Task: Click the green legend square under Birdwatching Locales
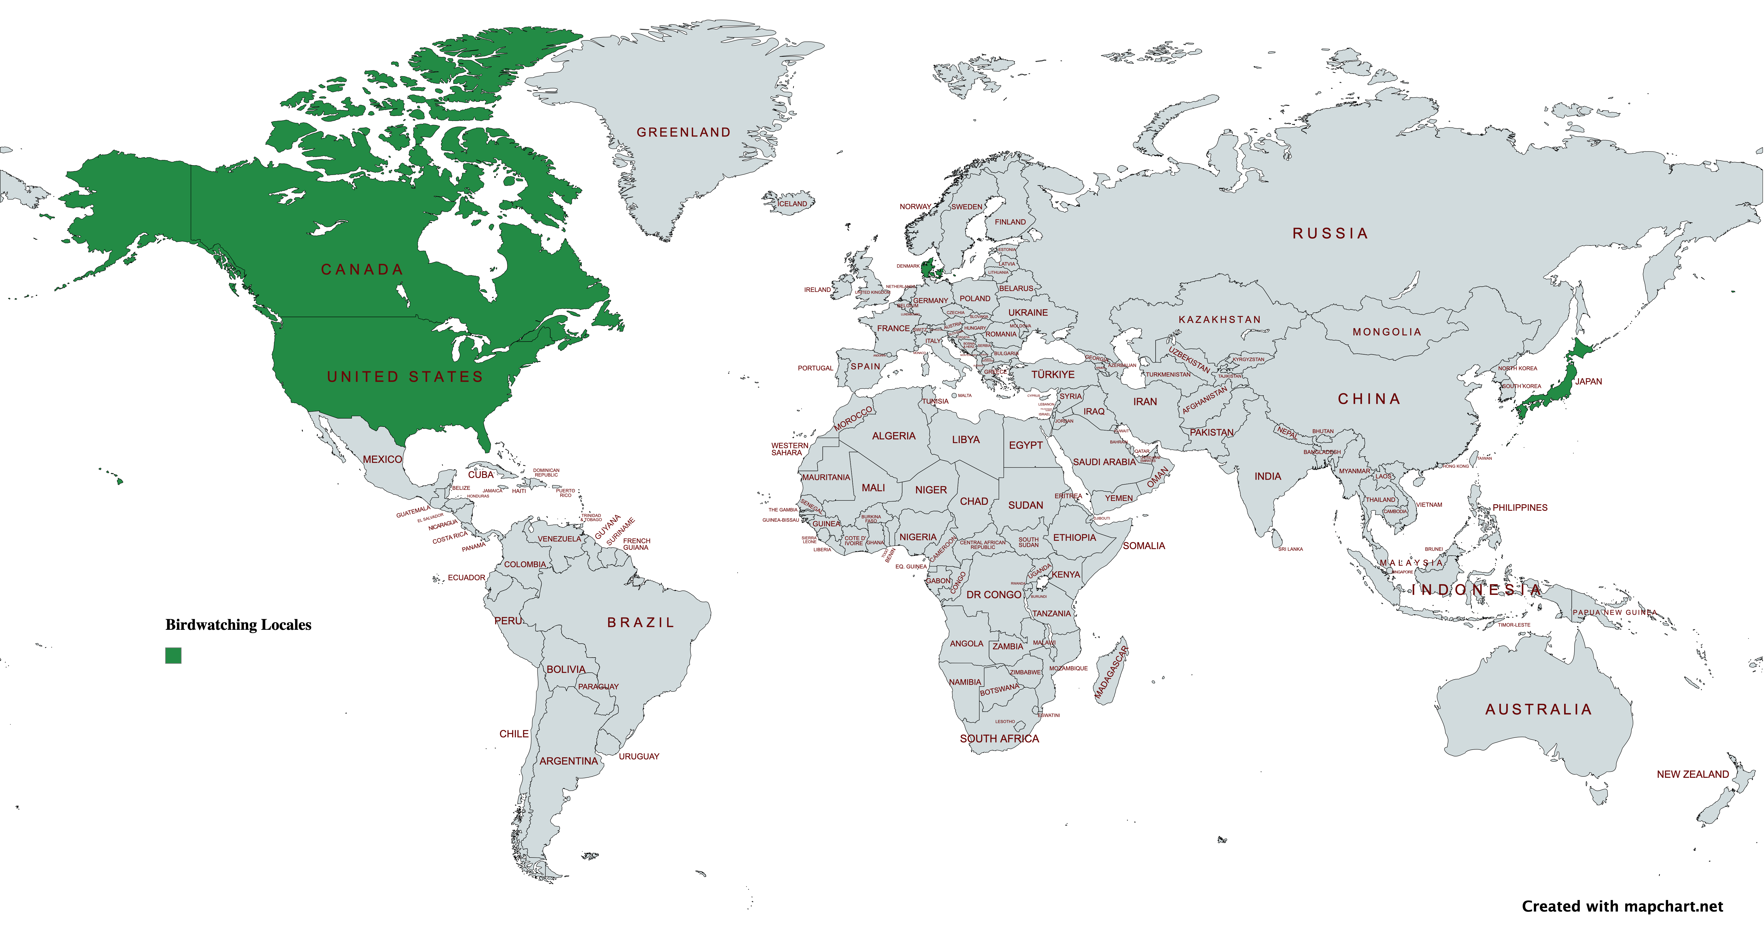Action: click(x=173, y=655)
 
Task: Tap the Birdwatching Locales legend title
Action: click(x=238, y=624)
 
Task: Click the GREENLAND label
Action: click(x=683, y=132)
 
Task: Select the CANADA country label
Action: click(x=362, y=270)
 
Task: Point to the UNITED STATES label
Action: click(x=405, y=376)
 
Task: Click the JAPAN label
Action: click(x=1588, y=381)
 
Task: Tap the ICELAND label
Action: click(x=792, y=203)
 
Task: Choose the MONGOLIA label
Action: click(x=1387, y=332)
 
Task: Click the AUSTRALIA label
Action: click(x=1538, y=709)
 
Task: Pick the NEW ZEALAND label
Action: click(x=1692, y=774)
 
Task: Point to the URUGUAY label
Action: click(x=639, y=756)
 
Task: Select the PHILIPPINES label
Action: click(x=1520, y=507)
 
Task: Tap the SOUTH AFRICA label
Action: click(x=999, y=739)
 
